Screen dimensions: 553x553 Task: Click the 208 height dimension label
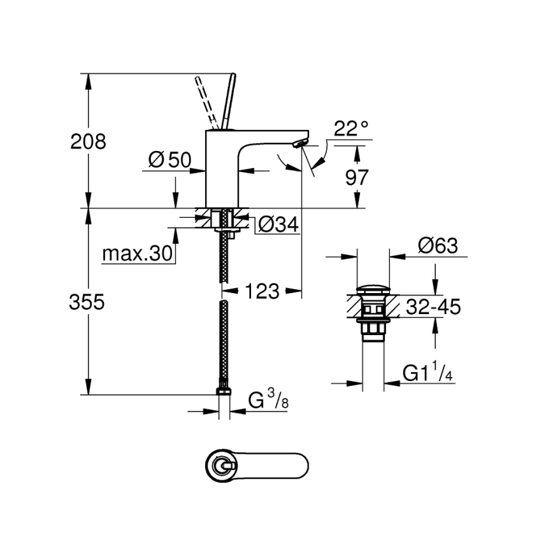click(x=88, y=141)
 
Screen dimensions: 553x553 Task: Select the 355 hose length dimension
click(x=87, y=302)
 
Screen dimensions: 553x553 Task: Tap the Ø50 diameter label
click(x=169, y=161)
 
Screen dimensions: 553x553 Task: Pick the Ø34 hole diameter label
click(x=278, y=224)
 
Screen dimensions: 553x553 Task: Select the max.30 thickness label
click(x=138, y=254)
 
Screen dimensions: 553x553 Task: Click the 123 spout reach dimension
click(x=261, y=291)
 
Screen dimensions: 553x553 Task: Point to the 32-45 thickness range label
click(x=433, y=307)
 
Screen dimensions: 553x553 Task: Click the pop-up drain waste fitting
click(x=372, y=312)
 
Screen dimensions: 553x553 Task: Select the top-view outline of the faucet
click(x=258, y=468)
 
